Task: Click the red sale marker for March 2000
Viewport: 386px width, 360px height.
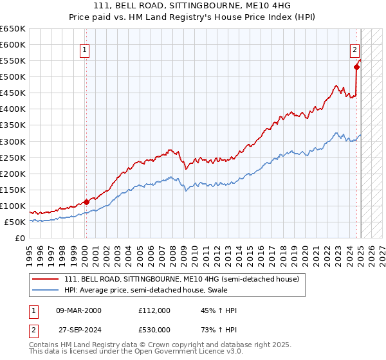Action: point(86,202)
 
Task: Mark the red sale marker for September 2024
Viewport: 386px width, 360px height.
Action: point(356,66)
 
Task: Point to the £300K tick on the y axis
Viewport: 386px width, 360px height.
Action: point(14,141)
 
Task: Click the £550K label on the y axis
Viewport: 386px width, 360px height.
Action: point(14,61)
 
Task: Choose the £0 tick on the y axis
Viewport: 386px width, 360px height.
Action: point(21,238)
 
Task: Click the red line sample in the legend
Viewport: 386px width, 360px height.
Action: point(46,280)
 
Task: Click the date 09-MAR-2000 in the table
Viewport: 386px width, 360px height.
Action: point(78,310)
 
